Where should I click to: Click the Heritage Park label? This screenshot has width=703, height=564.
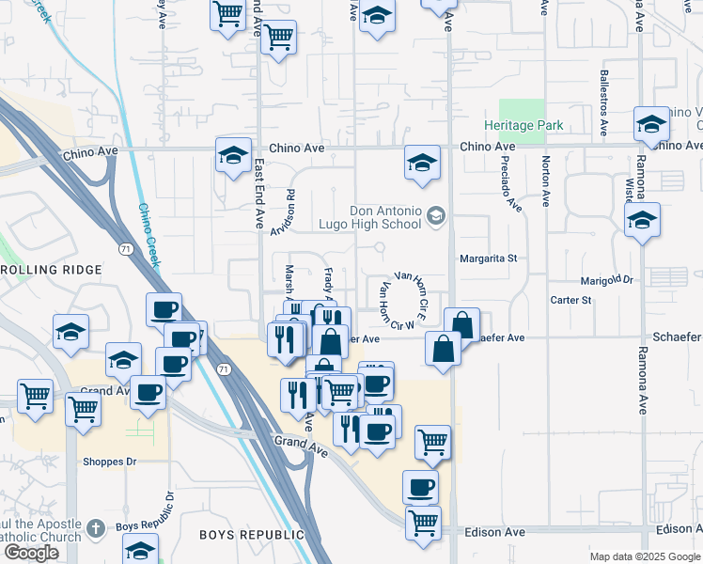tap(523, 126)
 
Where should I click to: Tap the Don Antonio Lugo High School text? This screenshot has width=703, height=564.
tap(385, 218)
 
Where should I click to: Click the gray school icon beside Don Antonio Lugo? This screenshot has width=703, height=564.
tap(435, 217)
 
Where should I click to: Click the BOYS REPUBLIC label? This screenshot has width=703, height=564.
tap(243, 535)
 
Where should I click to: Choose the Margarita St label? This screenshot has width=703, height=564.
tap(488, 258)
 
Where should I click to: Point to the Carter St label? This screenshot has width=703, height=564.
tap(571, 301)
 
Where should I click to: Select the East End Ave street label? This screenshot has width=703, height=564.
tap(260, 193)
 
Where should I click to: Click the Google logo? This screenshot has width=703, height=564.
tap(31, 553)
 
